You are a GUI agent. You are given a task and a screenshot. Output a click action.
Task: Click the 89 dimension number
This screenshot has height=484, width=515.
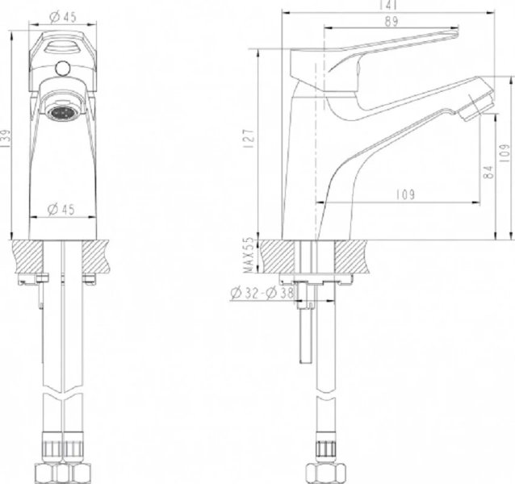click(391, 23)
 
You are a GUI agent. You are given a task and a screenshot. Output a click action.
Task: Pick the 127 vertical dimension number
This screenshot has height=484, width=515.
click(249, 139)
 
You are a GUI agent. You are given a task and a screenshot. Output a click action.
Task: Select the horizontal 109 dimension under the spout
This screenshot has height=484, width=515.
click(405, 194)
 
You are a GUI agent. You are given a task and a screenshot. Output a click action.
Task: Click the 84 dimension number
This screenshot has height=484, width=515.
click(487, 171)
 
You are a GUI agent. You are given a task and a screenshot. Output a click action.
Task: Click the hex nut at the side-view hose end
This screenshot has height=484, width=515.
click(325, 471)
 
